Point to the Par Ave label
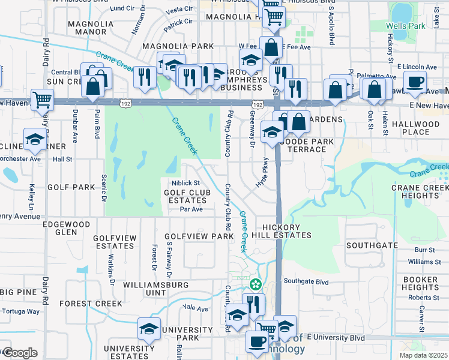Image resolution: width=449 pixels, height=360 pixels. pyautogui.click(x=191, y=209)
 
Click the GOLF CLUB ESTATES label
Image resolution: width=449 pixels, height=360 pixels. pyautogui.click(x=185, y=196)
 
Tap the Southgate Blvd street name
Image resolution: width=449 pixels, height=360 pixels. pyautogui.click(x=307, y=281)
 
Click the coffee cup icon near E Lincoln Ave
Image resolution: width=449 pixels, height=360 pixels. pyautogui.click(x=414, y=82)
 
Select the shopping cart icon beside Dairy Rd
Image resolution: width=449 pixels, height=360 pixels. pyautogui.click(x=42, y=100)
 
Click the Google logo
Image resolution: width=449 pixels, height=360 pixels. pyautogui.click(x=20, y=353)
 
